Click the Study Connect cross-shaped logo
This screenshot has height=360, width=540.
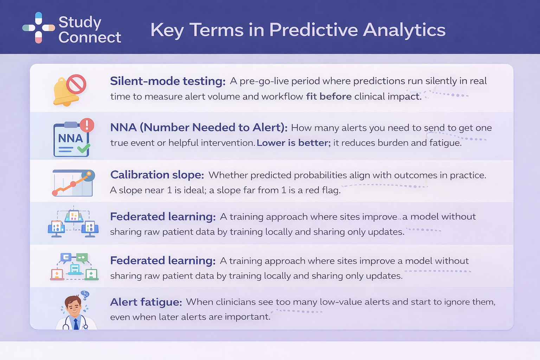click(x=39, y=28)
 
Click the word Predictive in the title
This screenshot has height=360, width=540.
click(x=314, y=30)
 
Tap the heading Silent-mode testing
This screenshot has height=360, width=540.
click(x=168, y=81)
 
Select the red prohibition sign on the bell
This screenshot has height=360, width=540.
click(x=76, y=84)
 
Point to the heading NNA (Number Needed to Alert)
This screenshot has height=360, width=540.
click(x=199, y=127)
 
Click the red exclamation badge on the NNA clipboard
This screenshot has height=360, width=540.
click(x=87, y=125)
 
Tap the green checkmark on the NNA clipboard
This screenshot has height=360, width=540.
click(x=84, y=148)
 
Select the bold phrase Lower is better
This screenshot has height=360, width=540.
click(x=294, y=143)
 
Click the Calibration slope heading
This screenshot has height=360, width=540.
click(x=157, y=175)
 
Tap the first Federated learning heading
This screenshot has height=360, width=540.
click(x=163, y=217)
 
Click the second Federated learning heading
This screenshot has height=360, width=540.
click(x=163, y=261)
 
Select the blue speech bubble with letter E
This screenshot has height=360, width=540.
click(x=66, y=258)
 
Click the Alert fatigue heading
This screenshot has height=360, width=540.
click(x=146, y=302)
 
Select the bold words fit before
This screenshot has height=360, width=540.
click(x=329, y=96)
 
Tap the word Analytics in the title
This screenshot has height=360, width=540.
click(x=404, y=30)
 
